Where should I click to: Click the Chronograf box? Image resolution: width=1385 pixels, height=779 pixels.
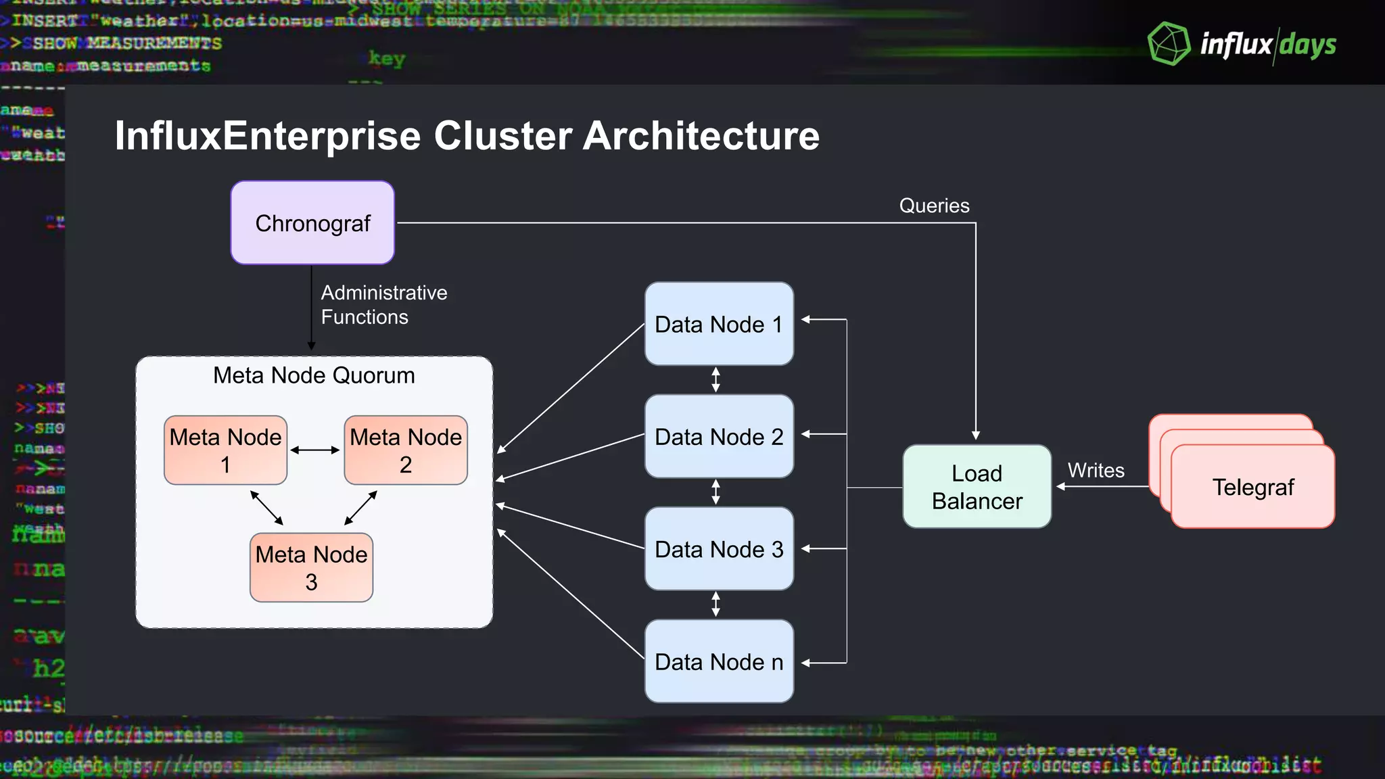[312, 222]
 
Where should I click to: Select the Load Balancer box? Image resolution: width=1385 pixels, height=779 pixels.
[977, 486]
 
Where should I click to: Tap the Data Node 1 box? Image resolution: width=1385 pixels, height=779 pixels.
[718, 324]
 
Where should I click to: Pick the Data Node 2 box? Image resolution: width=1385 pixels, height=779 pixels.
[718, 436]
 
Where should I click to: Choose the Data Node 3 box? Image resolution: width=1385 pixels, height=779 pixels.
[718, 548]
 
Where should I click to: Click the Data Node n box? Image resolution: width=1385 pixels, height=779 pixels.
[718, 661]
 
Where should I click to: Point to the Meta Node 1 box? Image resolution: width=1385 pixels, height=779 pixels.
[225, 450]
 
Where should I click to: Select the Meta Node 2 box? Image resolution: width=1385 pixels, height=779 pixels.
[406, 450]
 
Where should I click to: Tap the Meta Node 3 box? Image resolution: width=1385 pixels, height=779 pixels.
[311, 567]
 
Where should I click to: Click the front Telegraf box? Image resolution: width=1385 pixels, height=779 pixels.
[1252, 487]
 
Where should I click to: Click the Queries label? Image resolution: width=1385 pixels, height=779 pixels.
[934, 206]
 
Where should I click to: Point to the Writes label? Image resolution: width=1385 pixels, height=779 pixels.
[1096, 470]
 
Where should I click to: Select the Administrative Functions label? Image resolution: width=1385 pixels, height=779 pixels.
[383, 304]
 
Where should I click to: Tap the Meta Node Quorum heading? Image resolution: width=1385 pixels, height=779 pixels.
[314, 375]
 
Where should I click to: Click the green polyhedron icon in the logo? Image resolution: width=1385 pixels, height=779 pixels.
[1169, 44]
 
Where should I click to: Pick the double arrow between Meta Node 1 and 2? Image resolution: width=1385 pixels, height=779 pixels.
[315, 450]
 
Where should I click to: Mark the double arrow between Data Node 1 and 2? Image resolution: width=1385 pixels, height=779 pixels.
[715, 379]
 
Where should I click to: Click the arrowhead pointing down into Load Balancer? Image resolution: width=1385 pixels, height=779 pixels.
[976, 435]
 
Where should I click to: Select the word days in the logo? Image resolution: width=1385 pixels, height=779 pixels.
[1308, 45]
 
